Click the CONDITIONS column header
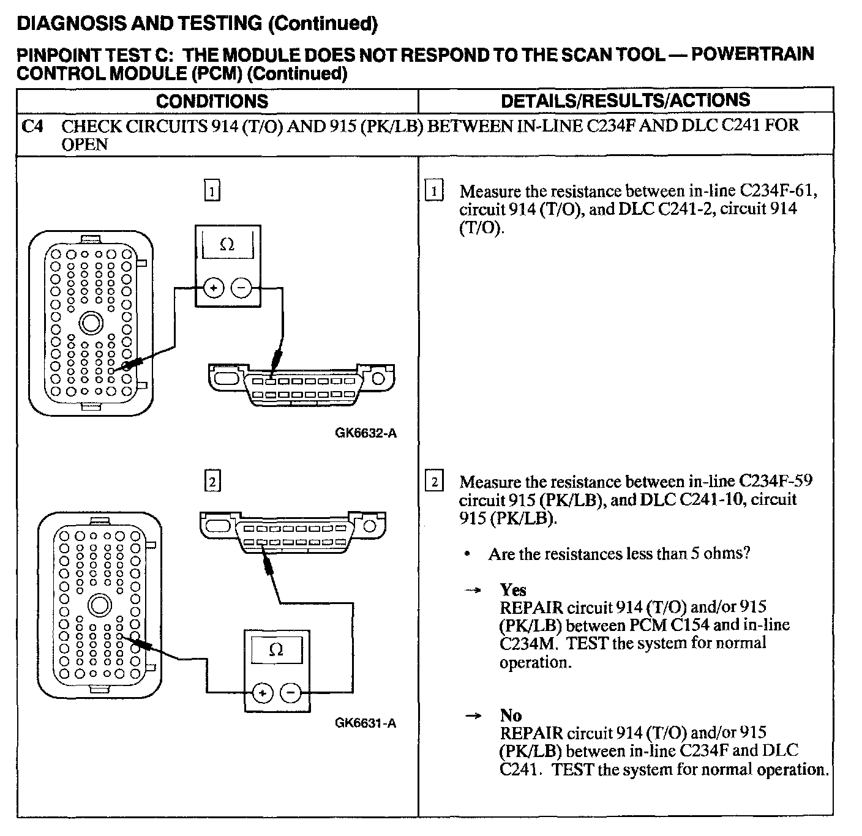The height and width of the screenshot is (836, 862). (x=212, y=101)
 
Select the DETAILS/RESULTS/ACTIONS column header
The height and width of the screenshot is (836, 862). (x=625, y=100)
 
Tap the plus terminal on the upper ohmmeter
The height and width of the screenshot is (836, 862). (x=212, y=288)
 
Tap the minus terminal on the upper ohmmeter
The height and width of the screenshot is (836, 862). (x=242, y=288)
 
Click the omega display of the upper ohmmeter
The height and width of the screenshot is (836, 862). (x=227, y=245)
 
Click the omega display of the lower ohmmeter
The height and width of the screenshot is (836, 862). (x=276, y=649)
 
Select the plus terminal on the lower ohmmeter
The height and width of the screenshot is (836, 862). (x=262, y=693)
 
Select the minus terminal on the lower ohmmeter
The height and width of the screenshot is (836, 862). (x=290, y=693)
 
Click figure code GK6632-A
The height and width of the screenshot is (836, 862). (x=365, y=433)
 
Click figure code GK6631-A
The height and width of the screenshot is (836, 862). (x=365, y=723)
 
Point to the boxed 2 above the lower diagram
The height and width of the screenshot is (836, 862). (x=212, y=482)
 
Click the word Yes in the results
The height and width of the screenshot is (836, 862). (x=513, y=589)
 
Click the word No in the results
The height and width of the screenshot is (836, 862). (x=511, y=715)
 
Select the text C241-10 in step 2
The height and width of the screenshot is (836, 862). (x=714, y=499)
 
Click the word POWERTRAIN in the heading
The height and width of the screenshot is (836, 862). (x=752, y=54)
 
